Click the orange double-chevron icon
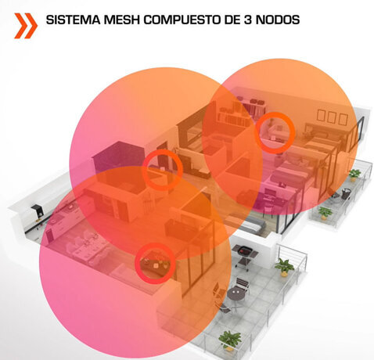(x=26, y=26)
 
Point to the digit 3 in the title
(x=247, y=20)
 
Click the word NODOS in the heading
(x=277, y=20)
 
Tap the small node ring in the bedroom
(x=275, y=132)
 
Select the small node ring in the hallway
(x=163, y=170)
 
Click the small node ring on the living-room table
(x=155, y=263)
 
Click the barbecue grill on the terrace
(x=246, y=255)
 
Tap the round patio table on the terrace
(x=236, y=295)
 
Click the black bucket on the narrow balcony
(x=346, y=193)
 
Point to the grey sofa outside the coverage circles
(x=248, y=225)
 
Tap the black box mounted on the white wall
(x=37, y=211)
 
